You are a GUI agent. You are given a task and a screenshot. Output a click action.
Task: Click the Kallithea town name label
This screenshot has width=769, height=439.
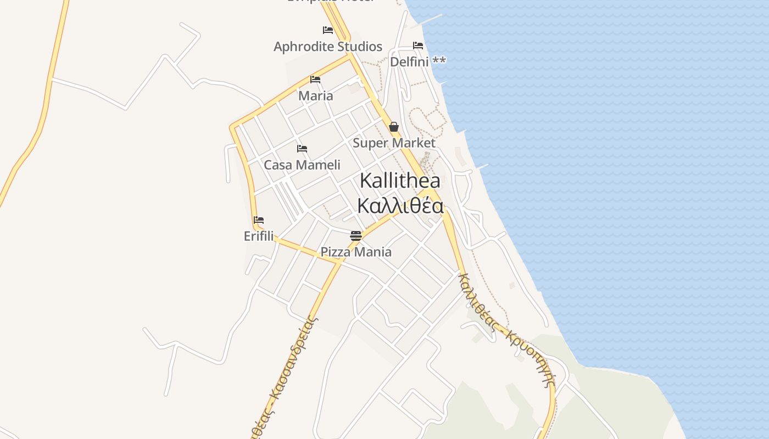pos(400,181)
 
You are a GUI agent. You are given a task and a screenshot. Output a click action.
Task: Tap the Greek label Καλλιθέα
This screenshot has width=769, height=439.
pos(400,206)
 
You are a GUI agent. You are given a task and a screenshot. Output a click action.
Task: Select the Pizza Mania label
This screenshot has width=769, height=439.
pos(356,252)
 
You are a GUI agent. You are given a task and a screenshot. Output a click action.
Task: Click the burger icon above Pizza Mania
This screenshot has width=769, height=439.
pos(356,236)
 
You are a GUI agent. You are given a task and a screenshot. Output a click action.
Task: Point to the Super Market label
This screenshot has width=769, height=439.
pos(394,143)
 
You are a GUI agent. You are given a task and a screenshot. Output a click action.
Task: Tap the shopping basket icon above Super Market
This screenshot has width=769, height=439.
pos(394,127)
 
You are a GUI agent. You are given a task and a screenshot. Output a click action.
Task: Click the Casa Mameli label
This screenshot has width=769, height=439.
pos(302,165)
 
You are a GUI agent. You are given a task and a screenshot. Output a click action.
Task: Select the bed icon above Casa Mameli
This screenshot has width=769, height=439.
pos(302,149)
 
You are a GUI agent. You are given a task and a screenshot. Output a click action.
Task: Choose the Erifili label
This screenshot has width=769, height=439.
pos(259,236)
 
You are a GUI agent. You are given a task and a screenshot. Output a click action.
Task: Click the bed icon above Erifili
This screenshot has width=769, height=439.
pos(259,220)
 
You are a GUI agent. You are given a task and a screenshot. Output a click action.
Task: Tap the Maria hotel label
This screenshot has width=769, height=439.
pos(315,96)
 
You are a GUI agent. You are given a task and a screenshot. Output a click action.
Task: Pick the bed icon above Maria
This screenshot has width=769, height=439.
pos(315,80)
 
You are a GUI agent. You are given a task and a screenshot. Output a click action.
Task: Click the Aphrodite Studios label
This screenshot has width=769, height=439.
pos(328,47)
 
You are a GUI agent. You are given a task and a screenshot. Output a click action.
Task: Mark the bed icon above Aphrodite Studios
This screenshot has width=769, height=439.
pos(328,30)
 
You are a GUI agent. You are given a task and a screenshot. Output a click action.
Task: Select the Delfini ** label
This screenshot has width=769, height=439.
pos(417,61)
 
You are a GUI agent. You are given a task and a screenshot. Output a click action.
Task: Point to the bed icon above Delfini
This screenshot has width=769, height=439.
pos(418,46)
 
